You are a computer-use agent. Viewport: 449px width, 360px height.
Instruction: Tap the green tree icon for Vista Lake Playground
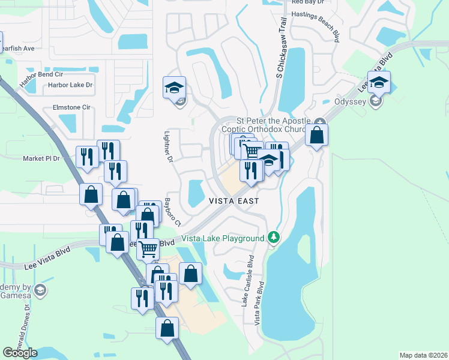pyautogui.click(x=274, y=238)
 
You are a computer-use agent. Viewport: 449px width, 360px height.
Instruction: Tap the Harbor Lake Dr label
pyautogui.click(x=71, y=85)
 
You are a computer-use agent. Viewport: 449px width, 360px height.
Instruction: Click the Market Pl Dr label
pyautogui.click(x=42, y=158)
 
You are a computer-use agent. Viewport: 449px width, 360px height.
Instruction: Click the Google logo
pyautogui.click(x=20, y=353)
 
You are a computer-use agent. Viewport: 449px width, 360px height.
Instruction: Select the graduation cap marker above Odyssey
pyautogui.click(x=379, y=82)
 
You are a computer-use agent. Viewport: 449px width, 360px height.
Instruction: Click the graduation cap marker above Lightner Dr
pyautogui.click(x=174, y=88)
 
